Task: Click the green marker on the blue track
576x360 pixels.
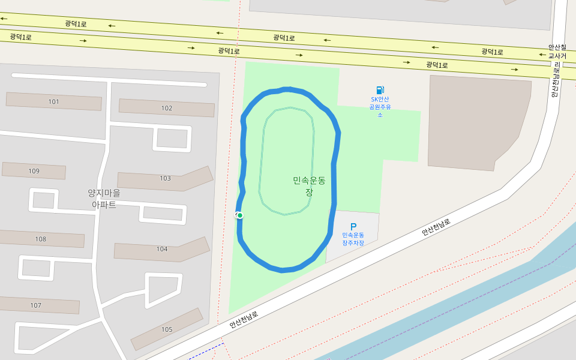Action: coord(240,215)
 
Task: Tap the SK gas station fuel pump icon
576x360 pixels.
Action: coord(380,90)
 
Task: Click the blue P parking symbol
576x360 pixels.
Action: coord(353,227)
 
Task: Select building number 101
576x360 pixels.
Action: coord(54,101)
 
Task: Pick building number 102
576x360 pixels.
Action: coord(167,108)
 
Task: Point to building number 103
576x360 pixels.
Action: coord(165,178)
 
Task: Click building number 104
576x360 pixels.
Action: coord(162,249)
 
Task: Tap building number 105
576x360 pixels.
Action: coord(167,329)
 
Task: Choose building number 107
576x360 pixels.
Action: coord(36,305)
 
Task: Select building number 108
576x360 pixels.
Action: coord(40,239)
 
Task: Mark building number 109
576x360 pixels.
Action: coord(34,171)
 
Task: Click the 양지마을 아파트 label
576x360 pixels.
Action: coord(104,199)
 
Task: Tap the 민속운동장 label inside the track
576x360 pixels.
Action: coord(309,186)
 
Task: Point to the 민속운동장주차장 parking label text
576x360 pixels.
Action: coord(353,239)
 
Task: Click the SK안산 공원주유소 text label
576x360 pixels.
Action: coord(380,107)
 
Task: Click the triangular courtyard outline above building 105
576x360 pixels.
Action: coord(162,289)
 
